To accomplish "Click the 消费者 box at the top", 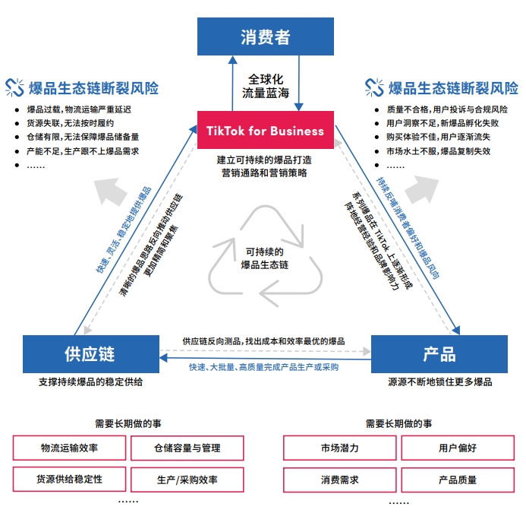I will coord(265,36).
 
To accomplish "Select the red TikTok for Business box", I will coord(265,131).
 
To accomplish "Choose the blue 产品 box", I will coord(439,354).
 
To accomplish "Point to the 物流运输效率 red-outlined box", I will coord(69,448).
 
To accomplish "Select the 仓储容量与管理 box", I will coord(187,448).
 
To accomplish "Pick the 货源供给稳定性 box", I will coord(69,480).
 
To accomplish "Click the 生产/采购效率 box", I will coord(187,480).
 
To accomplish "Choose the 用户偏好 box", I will coord(457,448).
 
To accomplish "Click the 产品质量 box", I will coord(457,480).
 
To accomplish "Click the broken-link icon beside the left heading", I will coord(14,87).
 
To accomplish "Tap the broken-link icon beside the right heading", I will coord(374,87).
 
